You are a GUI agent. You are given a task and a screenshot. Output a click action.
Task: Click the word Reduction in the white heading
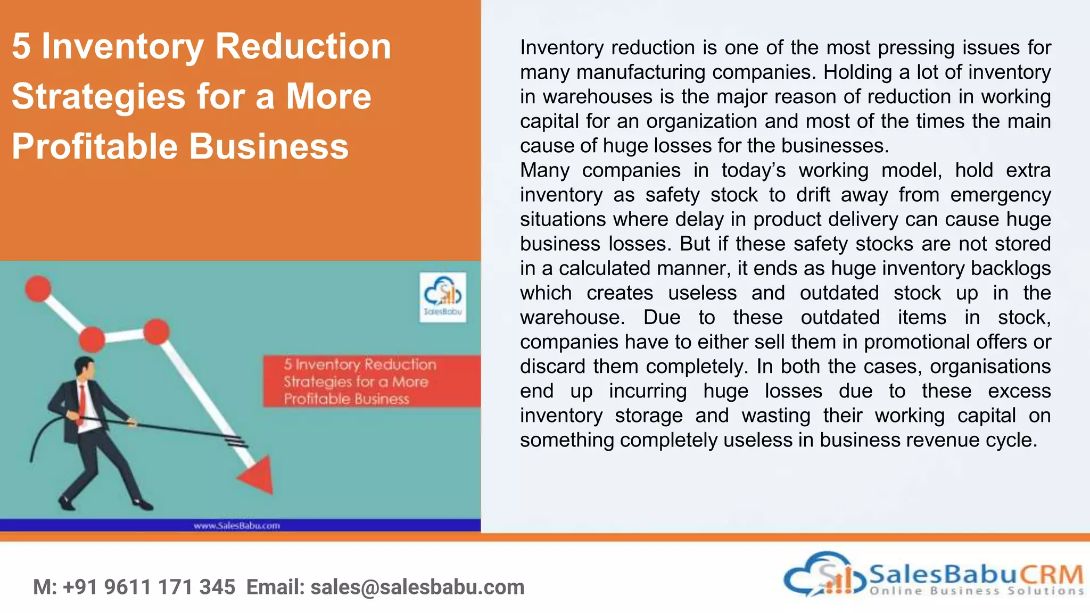pos(303,47)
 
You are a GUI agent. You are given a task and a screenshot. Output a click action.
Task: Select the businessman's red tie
pos(82,400)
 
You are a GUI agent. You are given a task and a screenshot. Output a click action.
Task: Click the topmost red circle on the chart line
pos(38,288)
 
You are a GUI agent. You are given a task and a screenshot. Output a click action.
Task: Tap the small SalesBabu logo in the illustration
pos(442,297)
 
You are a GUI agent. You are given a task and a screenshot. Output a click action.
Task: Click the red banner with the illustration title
pos(371,381)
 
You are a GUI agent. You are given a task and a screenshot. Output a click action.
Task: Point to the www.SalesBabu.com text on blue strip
pos(237,526)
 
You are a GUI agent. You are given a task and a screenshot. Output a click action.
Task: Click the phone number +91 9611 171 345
pos(149,587)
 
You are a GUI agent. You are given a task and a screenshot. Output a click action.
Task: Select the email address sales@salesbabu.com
pos(417,587)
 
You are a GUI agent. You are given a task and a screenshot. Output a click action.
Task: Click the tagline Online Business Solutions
pos(977,591)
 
